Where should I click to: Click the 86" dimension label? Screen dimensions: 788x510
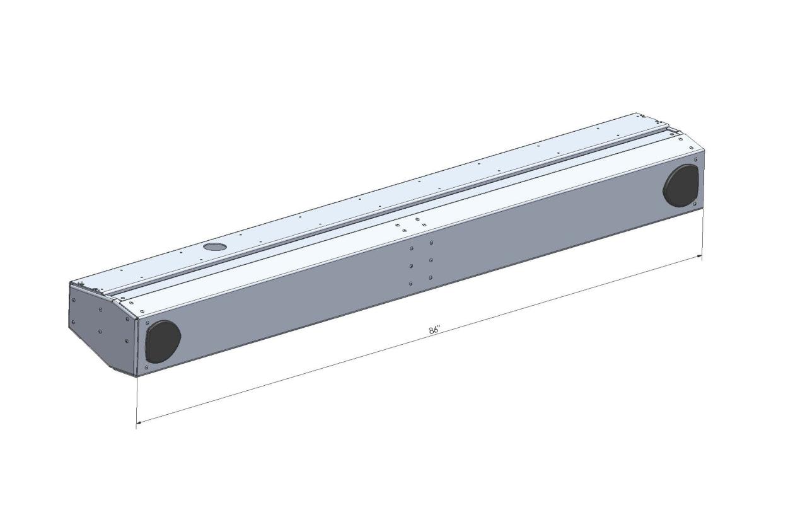pyautogui.click(x=435, y=330)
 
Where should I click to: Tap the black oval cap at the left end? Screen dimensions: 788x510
pyautogui.click(x=163, y=342)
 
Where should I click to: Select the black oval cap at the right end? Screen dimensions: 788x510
pyautogui.click(x=681, y=186)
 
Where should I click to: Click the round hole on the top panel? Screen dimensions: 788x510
pyautogui.click(x=214, y=246)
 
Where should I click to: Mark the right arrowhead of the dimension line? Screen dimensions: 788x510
pyautogui.click(x=699, y=257)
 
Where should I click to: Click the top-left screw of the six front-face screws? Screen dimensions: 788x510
pyautogui.click(x=412, y=248)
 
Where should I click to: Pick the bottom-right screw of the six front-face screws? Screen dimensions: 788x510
pyautogui.click(x=431, y=278)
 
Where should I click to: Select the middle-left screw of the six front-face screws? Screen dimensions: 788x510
pyautogui.click(x=411, y=266)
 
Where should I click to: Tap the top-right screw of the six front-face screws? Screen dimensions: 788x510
pyautogui.click(x=431, y=243)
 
